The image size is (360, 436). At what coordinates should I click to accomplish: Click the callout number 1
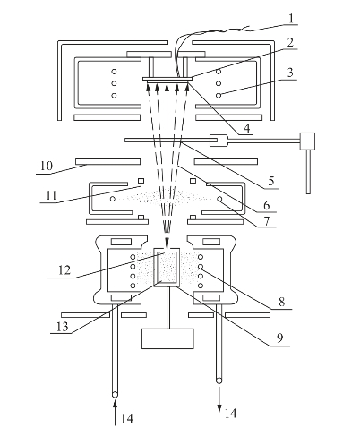tap(291, 19)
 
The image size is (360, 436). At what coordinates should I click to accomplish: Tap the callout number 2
tap(290, 43)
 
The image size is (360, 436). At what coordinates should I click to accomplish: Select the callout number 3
tap(290, 73)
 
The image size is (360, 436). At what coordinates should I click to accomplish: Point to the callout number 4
tap(246, 128)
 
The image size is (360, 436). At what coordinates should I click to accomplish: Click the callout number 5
tap(271, 181)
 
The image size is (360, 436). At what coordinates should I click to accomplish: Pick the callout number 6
tap(267, 205)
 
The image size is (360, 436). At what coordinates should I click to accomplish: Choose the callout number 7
tap(267, 221)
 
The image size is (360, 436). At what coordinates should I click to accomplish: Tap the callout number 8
tap(281, 302)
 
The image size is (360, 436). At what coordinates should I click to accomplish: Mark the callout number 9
tap(279, 338)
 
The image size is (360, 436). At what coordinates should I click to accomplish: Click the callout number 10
tap(47, 166)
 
